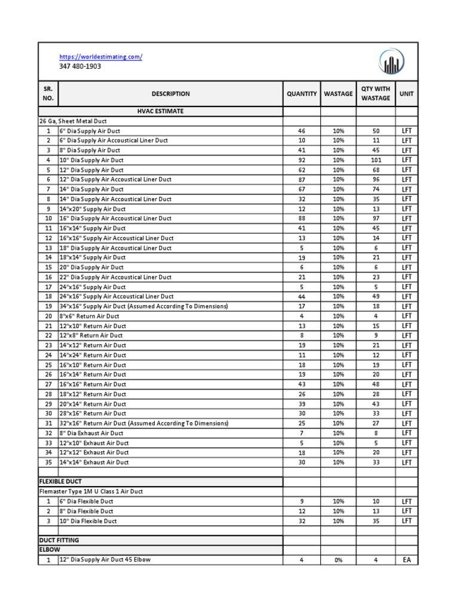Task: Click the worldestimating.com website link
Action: coord(100,57)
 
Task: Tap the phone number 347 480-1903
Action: coord(79,66)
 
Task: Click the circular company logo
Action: coord(391,62)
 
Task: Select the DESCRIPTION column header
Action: coord(170,93)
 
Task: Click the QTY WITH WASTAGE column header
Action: coord(375,93)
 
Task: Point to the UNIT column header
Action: coord(406,93)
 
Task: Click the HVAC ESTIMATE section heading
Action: coord(160,111)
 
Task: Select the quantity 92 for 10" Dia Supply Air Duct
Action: coord(302,160)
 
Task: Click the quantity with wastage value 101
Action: coord(375,160)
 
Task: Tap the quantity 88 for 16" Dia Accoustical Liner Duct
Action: coord(302,219)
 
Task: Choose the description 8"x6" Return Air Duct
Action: coord(88,316)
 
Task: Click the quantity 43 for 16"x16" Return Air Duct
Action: coord(302,384)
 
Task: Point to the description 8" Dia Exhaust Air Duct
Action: coord(91,433)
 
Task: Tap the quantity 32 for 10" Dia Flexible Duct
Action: coord(302,521)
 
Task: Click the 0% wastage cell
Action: coord(338,560)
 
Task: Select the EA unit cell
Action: coord(406,560)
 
